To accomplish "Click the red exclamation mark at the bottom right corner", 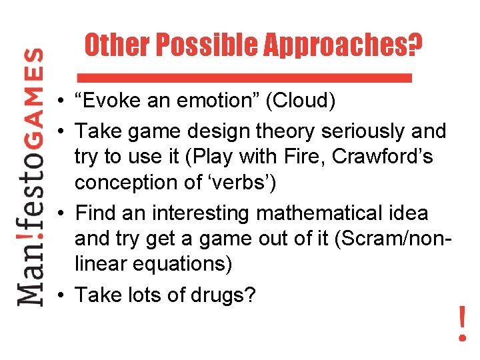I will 462,323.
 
